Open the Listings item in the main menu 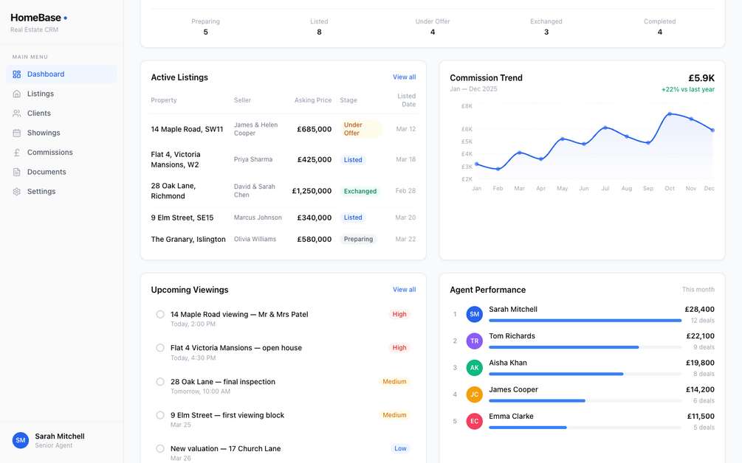[40, 94]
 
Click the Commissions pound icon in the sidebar [16, 153]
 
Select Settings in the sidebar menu [41, 192]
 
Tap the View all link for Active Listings [404, 77]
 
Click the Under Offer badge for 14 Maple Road [361, 129]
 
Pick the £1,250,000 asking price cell [312, 191]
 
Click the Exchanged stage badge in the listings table [360, 191]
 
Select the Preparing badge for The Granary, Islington [358, 239]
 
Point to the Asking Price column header [313, 100]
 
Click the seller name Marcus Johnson [258, 217]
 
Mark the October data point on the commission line [670, 114]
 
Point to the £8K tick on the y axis [467, 106]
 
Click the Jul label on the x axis [605, 189]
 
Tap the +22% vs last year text [688, 89]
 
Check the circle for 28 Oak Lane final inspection [160, 382]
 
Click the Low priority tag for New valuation [400, 448]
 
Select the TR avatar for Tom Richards [475, 341]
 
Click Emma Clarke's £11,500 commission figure [701, 417]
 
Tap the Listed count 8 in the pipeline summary [319, 32]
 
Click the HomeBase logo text [36, 18]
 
